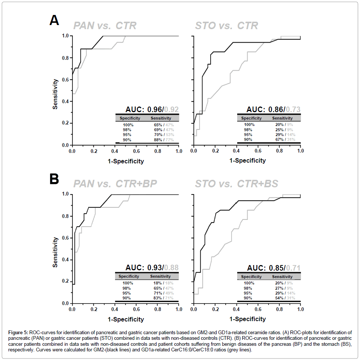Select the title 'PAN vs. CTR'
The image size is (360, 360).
pyautogui.click(x=105, y=26)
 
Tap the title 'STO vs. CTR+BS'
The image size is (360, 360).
pyautogui.click(x=236, y=184)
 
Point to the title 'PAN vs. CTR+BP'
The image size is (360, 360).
pyautogui.click(x=115, y=184)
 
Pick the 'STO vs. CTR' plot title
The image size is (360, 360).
pyautogui.click(x=226, y=26)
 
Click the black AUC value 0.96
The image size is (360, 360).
pyautogui.click(x=155, y=110)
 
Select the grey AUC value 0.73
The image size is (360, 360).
pyautogui.click(x=293, y=110)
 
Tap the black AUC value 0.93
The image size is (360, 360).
pyautogui.click(x=155, y=268)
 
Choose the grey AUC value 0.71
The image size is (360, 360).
pyautogui.click(x=293, y=268)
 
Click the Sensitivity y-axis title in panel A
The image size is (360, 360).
pyautogui.click(x=55, y=94)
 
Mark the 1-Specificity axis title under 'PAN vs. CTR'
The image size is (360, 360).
pyautogui.click(x=125, y=161)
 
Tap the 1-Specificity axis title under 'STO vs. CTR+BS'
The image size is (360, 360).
pyautogui.click(x=247, y=319)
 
